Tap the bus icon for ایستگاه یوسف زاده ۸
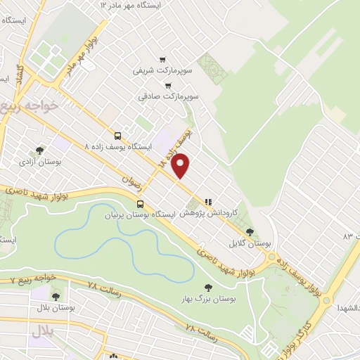[x=117, y=136]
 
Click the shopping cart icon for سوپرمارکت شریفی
[x=163, y=60]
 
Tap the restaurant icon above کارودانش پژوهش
[x=207, y=200]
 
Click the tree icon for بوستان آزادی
[x=40, y=150]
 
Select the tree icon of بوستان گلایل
[x=250, y=231]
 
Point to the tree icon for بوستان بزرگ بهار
[x=207, y=286]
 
